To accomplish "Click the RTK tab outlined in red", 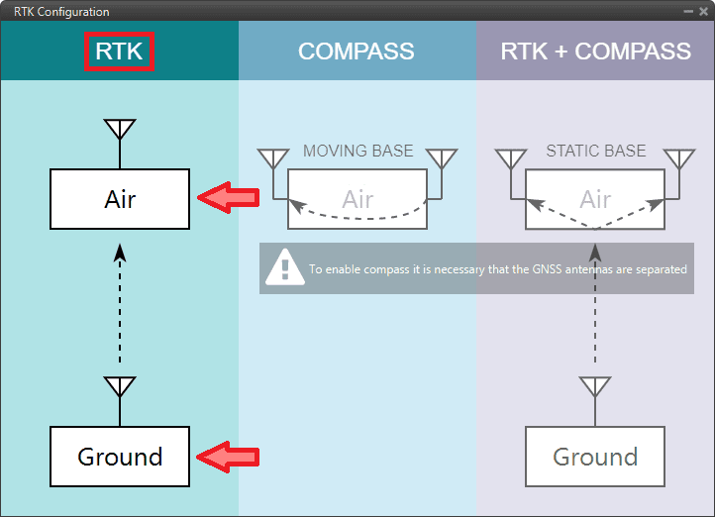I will click(120, 52).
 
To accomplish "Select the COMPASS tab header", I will click(357, 52).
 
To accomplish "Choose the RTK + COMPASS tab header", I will click(595, 52).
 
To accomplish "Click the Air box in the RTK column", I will click(120, 199).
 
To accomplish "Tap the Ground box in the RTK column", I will click(120, 457).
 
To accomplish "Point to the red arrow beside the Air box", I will click(228, 198).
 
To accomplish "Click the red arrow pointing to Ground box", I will click(228, 457).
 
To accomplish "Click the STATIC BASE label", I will click(595, 152).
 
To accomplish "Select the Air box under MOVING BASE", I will click(357, 199).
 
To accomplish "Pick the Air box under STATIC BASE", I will click(595, 199).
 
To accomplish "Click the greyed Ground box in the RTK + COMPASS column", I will click(595, 457).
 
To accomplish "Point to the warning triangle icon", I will click(285, 266).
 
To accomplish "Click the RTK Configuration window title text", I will click(61, 12).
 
